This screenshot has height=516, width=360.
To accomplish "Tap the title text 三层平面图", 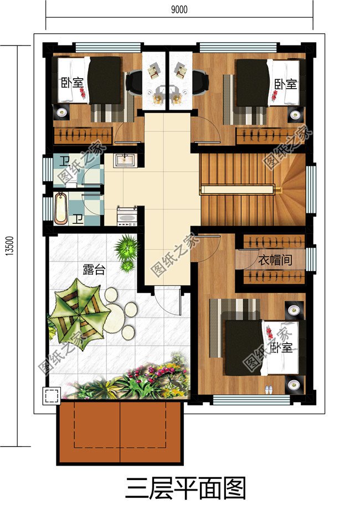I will tap(186, 488).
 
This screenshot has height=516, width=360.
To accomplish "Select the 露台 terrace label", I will tap(94, 269).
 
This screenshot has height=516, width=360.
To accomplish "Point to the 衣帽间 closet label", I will tap(275, 260).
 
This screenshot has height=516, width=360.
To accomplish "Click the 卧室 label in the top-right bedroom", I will tap(285, 84).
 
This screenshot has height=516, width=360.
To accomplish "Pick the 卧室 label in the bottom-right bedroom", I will tap(281, 348).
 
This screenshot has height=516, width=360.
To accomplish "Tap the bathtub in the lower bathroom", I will tap(60, 208).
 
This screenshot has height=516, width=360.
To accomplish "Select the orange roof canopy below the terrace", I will tap(120, 433).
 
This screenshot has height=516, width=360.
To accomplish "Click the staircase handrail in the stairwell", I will tap(238, 189).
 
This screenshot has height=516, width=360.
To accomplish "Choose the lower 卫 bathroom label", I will tap(79, 218).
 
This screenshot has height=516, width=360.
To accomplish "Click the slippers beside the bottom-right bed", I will tap(269, 389).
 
